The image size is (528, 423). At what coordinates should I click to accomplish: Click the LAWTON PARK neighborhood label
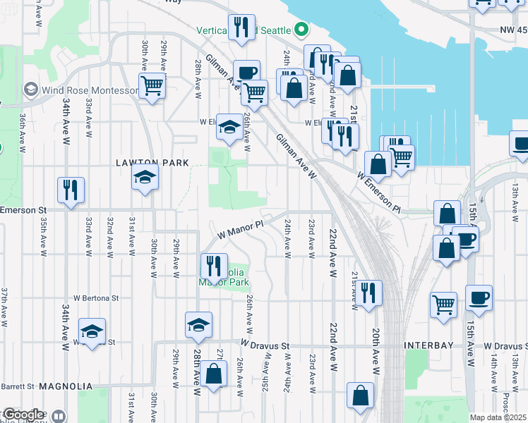click(x=152, y=163)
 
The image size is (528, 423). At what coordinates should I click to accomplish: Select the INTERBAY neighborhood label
click(x=432, y=345)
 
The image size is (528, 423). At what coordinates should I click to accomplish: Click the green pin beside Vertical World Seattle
click(x=301, y=30)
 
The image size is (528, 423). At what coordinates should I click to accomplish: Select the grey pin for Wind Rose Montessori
click(x=30, y=90)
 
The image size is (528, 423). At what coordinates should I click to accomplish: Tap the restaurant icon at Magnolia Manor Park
click(x=213, y=266)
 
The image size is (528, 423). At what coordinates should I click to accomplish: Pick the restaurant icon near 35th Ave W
click(x=71, y=189)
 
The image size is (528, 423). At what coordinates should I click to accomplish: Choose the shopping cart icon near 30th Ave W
click(x=152, y=86)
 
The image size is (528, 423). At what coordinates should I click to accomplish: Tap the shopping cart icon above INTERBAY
click(x=443, y=304)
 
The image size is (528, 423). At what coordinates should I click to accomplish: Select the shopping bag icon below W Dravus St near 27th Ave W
click(x=213, y=374)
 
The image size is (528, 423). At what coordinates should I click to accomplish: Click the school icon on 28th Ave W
click(x=198, y=324)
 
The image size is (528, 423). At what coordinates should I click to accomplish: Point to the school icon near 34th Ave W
click(x=92, y=331)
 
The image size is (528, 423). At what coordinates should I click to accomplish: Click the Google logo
click(x=23, y=415)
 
